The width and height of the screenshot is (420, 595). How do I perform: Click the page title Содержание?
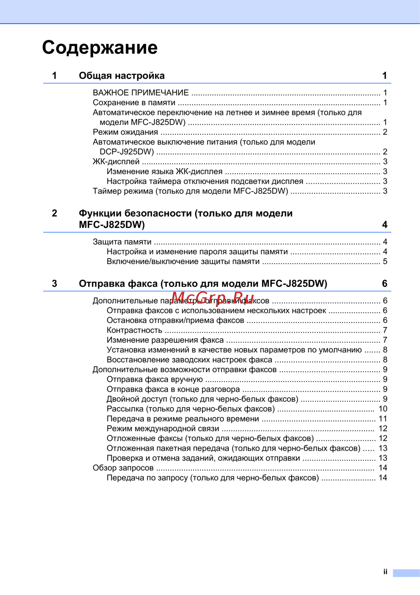(100, 48)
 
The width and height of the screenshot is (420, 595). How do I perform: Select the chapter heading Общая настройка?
(121, 76)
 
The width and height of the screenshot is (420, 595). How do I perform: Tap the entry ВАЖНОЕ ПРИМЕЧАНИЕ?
(141, 93)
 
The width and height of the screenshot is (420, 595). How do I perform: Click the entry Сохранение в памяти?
(134, 103)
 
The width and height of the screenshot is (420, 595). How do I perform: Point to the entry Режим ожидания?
(125, 132)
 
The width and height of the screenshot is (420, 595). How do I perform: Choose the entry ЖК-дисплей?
(116, 161)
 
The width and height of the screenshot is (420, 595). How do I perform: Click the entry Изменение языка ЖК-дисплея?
(164, 172)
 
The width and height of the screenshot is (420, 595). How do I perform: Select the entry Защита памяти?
(122, 242)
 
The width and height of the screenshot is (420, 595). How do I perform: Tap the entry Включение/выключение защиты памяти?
(183, 262)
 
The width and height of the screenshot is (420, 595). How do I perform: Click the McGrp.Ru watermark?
(213, 298)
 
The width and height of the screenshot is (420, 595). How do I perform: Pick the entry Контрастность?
(134, 331)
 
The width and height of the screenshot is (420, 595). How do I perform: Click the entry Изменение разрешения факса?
(165, 340)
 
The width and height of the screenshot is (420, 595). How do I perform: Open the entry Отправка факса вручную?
(155, 379)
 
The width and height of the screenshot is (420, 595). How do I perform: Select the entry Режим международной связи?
(163, 428)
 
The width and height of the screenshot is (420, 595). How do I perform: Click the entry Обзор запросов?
(123, 468)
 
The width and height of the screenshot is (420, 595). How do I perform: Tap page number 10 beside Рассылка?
(383, 409)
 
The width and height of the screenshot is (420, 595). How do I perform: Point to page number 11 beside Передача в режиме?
(383, 419)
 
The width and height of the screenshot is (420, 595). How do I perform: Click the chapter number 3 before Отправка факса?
(55, 284)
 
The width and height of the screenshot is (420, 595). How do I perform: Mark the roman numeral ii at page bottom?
(385, 572)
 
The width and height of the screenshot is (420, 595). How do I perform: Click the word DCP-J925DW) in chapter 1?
(126, 152)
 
